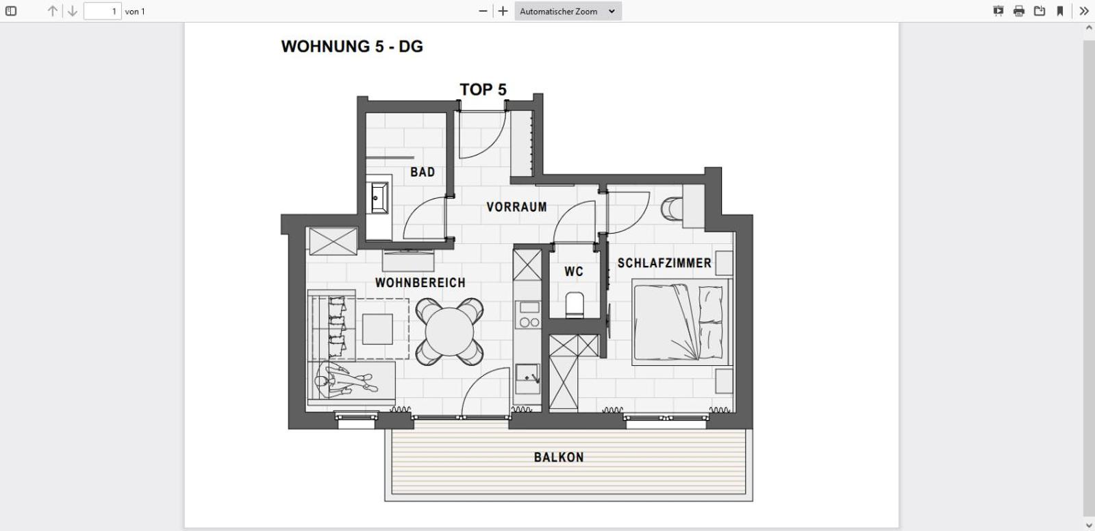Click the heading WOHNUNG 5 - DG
tap(352, 47)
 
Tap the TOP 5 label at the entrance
tap(483, 90)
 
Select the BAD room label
tap(423, 172)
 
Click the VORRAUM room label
tap(516, 207)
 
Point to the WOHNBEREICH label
tap(420, 282)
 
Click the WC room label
tap(574, 272)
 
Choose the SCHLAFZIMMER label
tap(664, 263)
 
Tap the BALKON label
tap(559, 457)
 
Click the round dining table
tap(449, 332)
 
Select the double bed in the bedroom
tap(679, 321)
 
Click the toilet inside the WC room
tap(575, 306)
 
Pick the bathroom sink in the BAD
tap(378, 199)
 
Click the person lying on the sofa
tap(346, 380)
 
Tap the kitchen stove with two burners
tap(528, 315)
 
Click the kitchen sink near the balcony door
tap(527, 377)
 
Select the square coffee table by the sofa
tap(377, 329)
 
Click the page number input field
tap(102, 11)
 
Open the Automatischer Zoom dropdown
tap(567, 11)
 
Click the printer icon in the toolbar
tap(1018, 11)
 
